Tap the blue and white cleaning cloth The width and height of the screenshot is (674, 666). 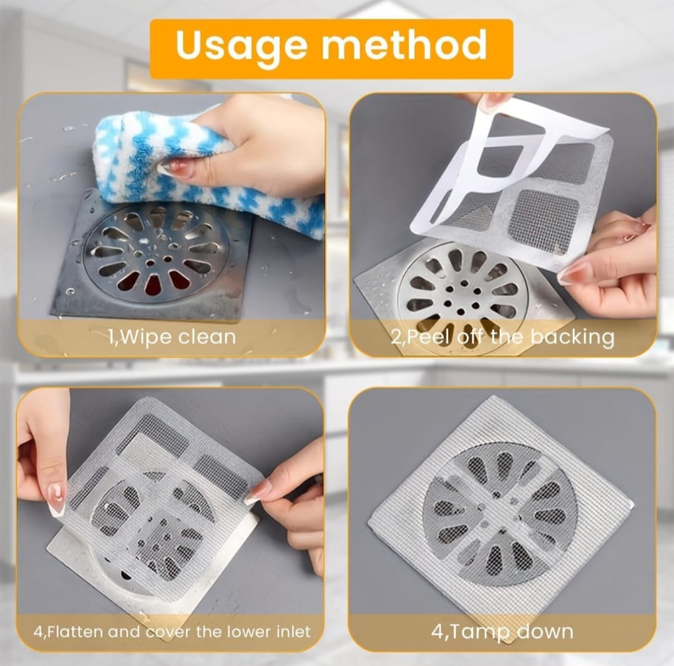click(x=207, y=171)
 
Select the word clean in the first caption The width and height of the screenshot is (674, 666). click(x=207, y=337)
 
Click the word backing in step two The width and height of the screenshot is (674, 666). click(x=572, y=338)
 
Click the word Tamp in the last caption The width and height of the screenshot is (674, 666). click(x=479, y=633)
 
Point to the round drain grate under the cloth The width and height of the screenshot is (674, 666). click(x=155, y=253)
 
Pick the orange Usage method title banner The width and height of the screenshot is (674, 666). click(x=331, y=49)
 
